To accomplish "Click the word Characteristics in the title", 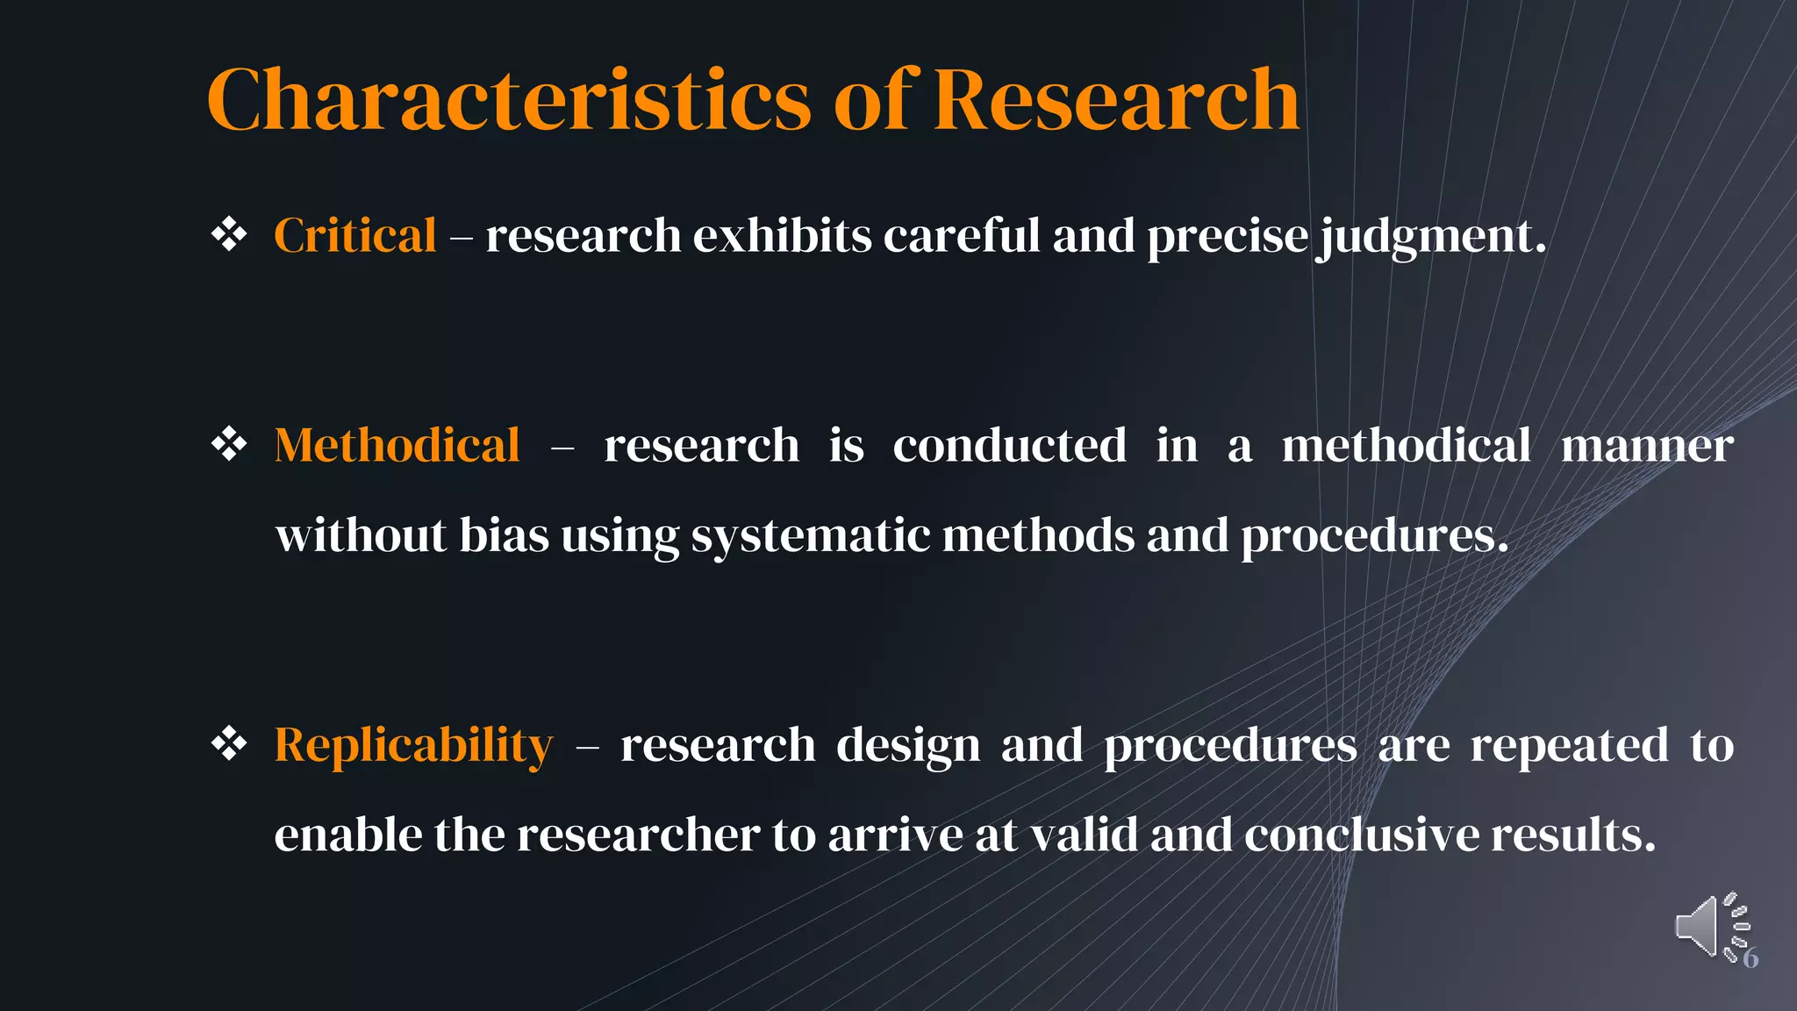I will coord(509,100).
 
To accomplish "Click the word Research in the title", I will coord(1116,100).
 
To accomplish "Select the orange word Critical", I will coord(354,235).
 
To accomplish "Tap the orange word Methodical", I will coord(397,445).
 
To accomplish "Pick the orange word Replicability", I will coord(413,745).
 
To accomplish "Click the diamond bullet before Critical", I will coord(229,234).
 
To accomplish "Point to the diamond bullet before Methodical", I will coord(229,444).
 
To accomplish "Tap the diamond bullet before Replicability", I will coord(229,744).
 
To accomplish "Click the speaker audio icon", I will coord(1707,927).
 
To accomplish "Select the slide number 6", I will coord(1750,958).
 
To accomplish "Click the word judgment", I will coord(1432,237).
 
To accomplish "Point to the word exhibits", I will coord(782,235).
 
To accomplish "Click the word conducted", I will coord(1009,445).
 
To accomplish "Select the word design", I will coord(907,746).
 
